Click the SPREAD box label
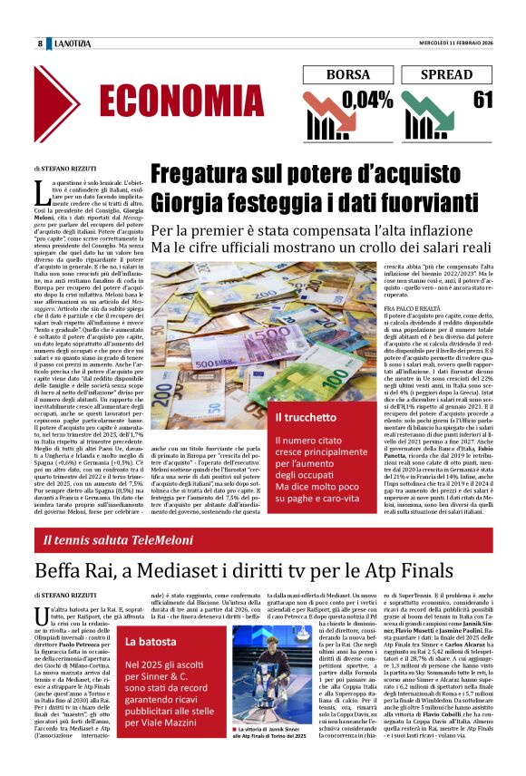click(447, 75)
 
